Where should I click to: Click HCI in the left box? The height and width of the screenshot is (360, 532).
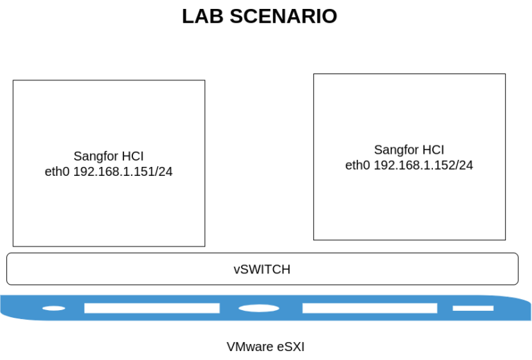132,156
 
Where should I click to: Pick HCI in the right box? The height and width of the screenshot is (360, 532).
433,150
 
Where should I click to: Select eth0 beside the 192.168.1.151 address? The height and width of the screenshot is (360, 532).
57,172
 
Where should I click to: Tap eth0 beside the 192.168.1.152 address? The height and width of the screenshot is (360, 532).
358,165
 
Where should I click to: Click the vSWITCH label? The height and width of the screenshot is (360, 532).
262,269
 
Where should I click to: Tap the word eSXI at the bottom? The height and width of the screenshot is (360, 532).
292,346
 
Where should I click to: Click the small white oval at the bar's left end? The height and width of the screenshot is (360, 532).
53,308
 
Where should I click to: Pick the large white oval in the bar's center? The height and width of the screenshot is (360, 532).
259,308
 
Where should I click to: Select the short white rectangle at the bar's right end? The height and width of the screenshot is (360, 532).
473,308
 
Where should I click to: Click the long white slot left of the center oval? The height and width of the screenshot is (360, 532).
151,308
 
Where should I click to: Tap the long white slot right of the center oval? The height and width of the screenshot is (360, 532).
369,308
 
